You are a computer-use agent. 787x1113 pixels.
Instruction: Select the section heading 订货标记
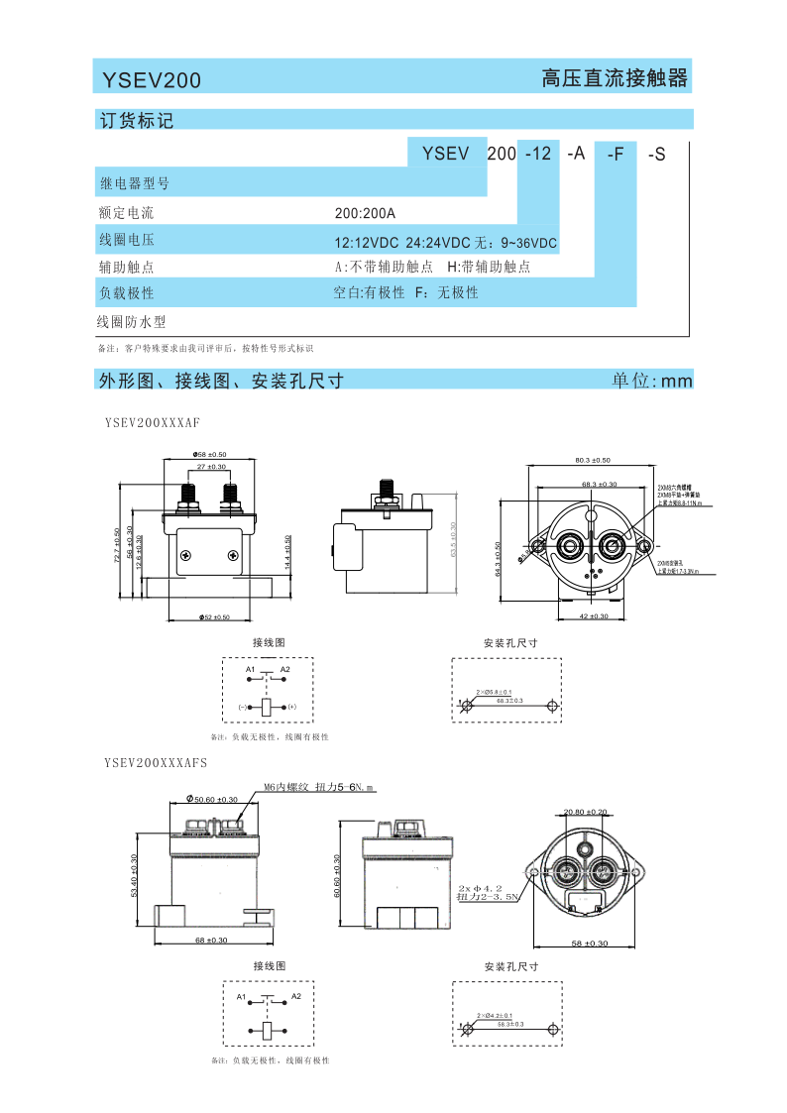point(137,121)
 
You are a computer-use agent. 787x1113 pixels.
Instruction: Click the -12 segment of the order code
point(538,154)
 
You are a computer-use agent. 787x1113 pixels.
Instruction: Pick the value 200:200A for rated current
point(365,213)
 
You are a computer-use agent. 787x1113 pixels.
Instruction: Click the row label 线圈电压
point(126,240)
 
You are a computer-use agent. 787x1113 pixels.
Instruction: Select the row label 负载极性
point(126,293)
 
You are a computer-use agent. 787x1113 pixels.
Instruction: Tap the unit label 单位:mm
point(651,381)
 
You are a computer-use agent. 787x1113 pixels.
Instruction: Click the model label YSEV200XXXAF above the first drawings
point(153,422)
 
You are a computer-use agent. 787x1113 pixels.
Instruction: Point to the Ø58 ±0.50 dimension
point(210,454)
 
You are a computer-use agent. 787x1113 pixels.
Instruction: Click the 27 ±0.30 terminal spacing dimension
point(210,466)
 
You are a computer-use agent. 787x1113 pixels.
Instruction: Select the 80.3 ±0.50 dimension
point(593,460)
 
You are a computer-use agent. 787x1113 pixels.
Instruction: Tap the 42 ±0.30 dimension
point(593,616)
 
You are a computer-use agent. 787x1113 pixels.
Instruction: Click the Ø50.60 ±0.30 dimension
point(212,799)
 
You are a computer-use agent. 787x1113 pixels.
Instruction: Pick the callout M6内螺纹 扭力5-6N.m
point(320,788)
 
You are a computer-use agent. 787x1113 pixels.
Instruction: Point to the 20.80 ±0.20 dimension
point(586,812)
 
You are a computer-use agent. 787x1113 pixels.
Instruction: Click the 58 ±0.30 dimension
point(589,943)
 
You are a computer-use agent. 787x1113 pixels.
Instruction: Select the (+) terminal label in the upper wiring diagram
point(292,707)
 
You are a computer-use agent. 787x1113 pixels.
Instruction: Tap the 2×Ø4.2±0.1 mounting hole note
point(494,1016)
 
